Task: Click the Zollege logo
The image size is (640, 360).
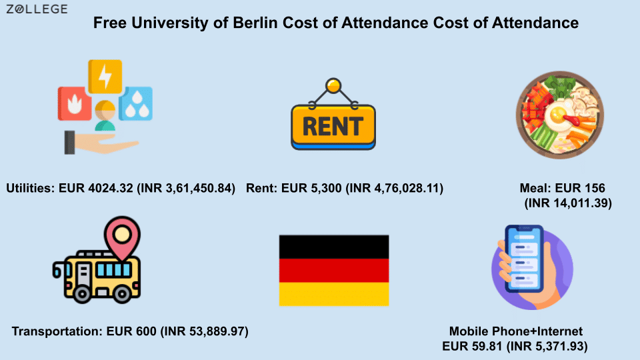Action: [37, 9]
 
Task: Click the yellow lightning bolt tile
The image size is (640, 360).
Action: [105, 77]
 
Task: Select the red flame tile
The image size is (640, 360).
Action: [75, 104]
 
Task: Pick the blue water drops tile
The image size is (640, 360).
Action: [136, 104]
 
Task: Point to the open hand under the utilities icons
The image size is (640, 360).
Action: [102, 143]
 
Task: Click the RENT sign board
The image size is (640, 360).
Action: [333, 127]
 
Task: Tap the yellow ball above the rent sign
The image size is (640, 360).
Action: [333, 86]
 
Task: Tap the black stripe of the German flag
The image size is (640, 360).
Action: [334, 247]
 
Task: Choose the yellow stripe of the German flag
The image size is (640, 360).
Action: [334, 294]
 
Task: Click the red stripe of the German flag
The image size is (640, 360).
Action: [334, 271]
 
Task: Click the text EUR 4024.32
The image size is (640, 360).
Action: [96, 188]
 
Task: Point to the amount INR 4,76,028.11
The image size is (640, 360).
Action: [394, 188]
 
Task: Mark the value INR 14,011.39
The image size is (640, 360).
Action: [568, 203]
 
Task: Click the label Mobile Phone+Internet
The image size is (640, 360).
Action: [516, 331]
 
